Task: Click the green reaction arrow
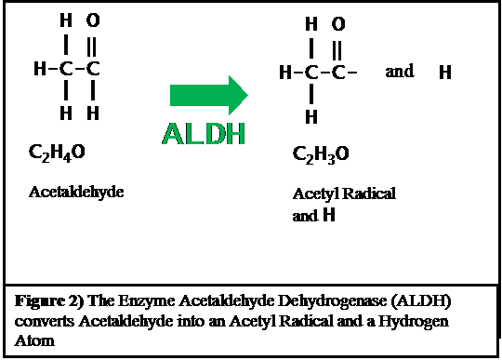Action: (208, 94)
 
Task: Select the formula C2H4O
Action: (59, 151)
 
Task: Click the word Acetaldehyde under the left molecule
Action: (76, 193)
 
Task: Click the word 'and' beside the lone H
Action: (399, 72)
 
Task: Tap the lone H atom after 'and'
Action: (445, 73)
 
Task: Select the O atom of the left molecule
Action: (92, 19)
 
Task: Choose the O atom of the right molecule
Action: (337, 24)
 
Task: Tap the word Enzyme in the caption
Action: (141, 301)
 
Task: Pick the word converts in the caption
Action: (43, 319)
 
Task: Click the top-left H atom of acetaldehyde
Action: (64, 19)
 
